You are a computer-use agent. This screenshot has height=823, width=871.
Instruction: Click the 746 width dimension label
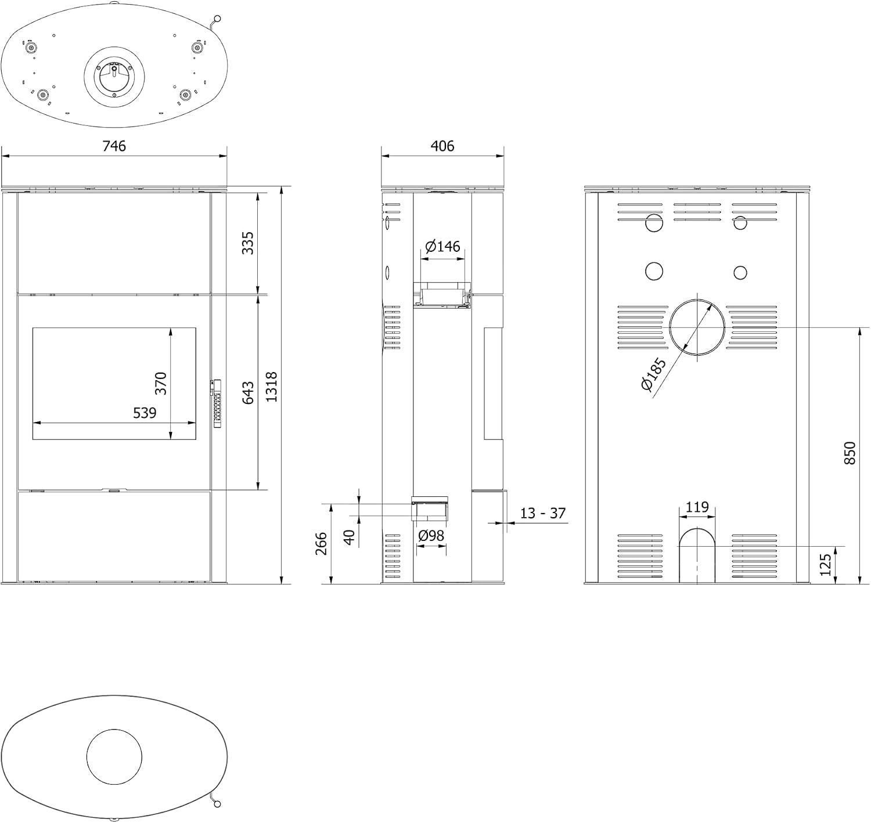coord(114,146)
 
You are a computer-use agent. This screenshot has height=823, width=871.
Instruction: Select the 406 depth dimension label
coord(442,146)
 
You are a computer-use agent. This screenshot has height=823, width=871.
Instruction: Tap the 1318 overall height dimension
coord(271,387)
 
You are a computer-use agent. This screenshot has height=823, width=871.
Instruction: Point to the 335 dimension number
coord(248,243)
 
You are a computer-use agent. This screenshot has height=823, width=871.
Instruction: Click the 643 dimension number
coord(248,392)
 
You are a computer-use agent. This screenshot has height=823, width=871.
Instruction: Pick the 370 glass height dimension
coord(160,383)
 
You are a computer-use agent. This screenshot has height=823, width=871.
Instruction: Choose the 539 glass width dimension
coord(145,413)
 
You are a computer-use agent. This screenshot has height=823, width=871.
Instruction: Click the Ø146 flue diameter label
coord(442,246)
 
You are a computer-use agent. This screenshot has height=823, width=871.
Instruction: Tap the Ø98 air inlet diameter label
coord(431,536)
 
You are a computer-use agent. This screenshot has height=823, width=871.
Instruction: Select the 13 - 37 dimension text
coord(543,513)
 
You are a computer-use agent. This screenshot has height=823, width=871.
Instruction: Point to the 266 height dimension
coord(321,543)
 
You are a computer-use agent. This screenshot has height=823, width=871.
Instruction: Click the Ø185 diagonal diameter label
coord(653,374)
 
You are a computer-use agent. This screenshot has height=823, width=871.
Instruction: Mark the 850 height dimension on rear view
coord(850,453)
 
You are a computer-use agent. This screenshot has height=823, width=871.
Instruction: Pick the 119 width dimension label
coord(697,507)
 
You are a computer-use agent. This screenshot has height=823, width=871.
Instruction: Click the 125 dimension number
coord(825,564)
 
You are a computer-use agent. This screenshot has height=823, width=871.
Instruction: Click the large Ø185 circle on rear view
coord(670,327)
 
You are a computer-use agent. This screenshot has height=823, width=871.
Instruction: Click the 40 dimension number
coord(350,537)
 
